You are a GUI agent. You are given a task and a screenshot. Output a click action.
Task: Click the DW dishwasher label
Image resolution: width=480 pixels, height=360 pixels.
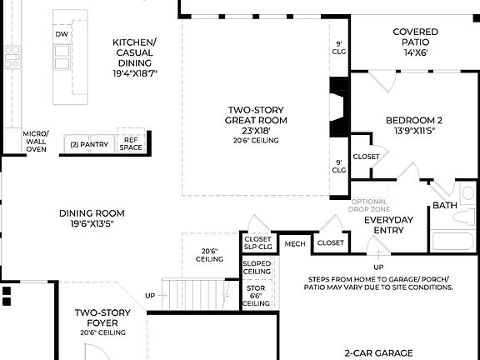[x=62, y=34]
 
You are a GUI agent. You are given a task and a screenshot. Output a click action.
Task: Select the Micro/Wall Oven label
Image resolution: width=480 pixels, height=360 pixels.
[x=36, y=141]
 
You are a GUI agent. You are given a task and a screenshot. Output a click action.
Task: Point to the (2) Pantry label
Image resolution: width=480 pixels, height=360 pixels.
[x=89, y=144]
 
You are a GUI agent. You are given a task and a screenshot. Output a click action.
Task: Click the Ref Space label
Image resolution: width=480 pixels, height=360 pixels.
[x=131, y=143]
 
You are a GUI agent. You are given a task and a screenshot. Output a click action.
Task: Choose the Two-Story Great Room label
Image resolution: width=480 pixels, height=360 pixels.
[x=257, y=120]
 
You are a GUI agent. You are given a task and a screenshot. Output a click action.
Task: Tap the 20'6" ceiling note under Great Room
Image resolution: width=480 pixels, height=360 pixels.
[x=256, y=140]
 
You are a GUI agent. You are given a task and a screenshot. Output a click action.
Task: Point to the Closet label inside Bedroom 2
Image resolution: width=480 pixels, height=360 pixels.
[x=366, y=157]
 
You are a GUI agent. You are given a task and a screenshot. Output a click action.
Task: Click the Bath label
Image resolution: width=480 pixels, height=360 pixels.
[x=443, y=205]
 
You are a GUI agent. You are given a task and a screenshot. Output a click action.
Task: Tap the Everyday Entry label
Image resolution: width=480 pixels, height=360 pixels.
[x=389, y=225]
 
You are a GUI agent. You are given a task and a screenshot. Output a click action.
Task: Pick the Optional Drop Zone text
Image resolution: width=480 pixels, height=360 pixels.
[x=368, y=206]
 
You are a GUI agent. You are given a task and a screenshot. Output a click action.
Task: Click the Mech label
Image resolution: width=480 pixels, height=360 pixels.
[x=295, y=243]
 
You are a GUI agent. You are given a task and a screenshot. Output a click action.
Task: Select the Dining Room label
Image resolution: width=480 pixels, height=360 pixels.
[x=92, y=217]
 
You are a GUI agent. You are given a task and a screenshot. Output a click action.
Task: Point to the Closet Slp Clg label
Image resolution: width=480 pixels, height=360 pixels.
[x=257, y=242]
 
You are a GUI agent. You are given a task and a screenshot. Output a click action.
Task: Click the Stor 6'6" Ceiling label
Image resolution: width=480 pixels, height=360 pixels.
[x=256, y=296]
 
